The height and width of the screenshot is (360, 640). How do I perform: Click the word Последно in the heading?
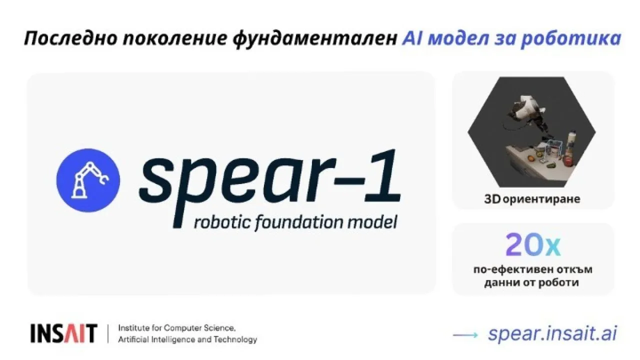[x=71, y=38]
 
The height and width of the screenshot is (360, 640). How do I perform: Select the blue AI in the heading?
[x=412, y=38]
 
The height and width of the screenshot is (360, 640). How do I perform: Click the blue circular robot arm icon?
[x=88, y=180]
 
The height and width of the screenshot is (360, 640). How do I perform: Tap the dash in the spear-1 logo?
[x=351, y=180]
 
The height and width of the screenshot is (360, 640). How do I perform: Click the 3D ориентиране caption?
[x=532, y=199]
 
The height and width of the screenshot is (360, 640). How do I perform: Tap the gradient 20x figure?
[x=533, y=245]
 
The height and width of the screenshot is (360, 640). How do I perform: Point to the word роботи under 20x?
[x=558, y=282]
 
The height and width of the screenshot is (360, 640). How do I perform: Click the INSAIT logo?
[x=63, y=333]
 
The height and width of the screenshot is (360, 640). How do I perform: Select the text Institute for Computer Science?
[x=177, y=328]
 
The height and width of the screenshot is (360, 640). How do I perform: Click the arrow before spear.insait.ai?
[x=465, y=335]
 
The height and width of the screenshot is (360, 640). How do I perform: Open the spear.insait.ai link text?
[x=552, y=333]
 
